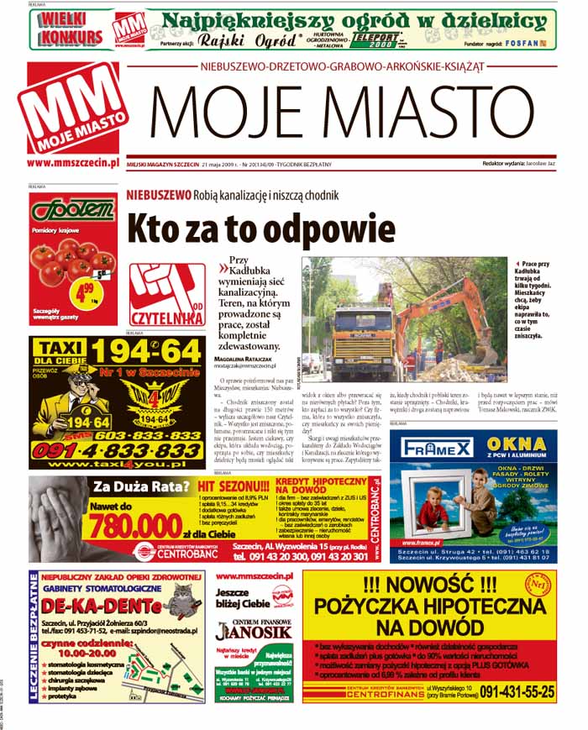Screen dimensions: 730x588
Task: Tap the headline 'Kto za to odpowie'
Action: [260, 228]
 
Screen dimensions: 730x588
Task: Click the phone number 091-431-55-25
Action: [506, 692]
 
